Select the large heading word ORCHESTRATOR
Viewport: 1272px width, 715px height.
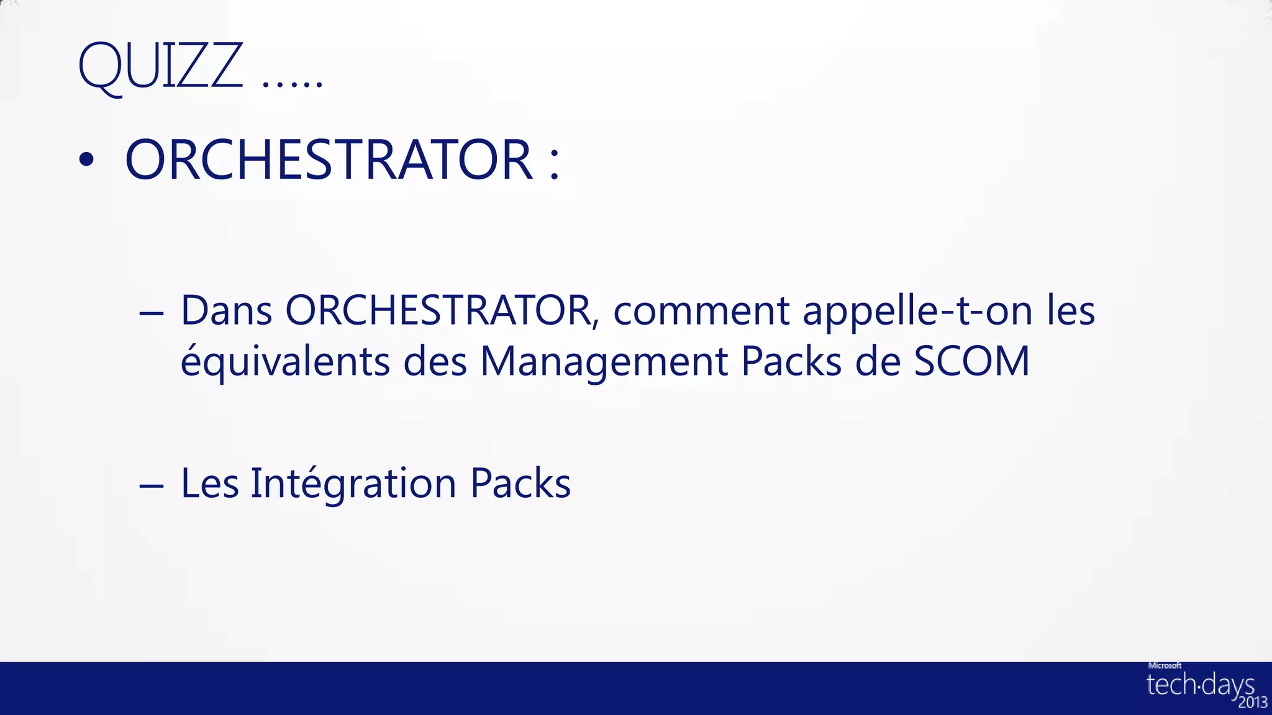click(x=329, y=160)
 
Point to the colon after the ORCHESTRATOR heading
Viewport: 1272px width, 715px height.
click(x=555, y=163)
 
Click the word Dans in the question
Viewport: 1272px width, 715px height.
click(x=226, y=310)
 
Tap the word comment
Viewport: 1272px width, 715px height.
click(x=701, y=310)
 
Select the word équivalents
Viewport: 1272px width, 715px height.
click(x=285, y=361)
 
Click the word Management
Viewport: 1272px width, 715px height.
click(x=604, y=361)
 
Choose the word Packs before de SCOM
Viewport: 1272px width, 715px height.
click(x=791, y=361)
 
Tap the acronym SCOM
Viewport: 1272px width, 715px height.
click(x=971, y=361)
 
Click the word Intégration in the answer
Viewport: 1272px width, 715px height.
click(x=353, y=483)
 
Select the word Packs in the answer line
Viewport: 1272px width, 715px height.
click(x=520, y=483)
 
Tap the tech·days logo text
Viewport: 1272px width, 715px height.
click(x=1199, y=685)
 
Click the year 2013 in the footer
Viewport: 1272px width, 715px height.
click(x=1252, y=703)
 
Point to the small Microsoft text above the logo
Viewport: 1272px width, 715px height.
click(x=1165, y=665)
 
